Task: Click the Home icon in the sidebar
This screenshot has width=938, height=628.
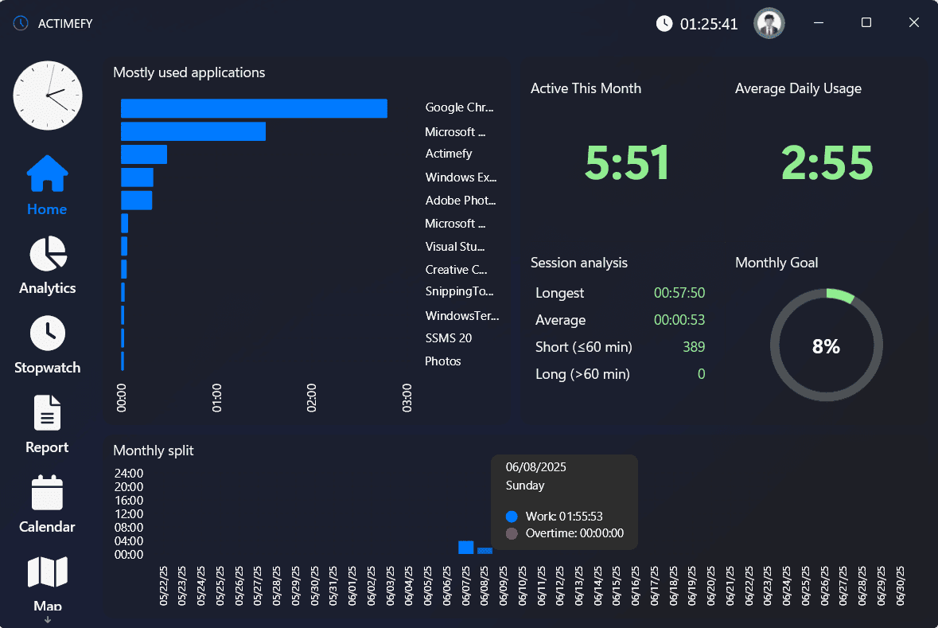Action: pos(47,174)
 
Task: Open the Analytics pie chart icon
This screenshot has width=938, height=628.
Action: pos(48,254)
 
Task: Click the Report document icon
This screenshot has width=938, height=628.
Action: pos(47,413)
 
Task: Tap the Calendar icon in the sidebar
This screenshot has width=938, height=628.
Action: pos(47,493)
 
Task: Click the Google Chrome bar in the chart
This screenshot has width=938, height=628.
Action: pos(254,108)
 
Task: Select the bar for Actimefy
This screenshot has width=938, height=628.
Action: pos(144,154)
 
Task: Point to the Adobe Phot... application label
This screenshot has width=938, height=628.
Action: pos(460,201)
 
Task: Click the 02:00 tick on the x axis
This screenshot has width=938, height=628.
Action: pos(312,397)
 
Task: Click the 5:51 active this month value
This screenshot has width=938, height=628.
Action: pos(627,162)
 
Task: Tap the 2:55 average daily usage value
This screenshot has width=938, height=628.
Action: pos(827,162)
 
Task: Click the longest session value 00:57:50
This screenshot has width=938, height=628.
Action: pos(679,293)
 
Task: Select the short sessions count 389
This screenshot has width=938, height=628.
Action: pos(693,347)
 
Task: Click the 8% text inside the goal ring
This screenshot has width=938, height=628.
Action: pos(826,346)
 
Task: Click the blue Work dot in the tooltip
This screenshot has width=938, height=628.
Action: pos(512,517)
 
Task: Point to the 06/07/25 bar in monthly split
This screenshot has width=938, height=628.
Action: pos(466,548)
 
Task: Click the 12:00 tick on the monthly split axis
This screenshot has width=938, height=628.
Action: pos(129,513)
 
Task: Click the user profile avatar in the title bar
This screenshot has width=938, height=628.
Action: pos(769,23)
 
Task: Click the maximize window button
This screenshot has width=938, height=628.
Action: pos(866,23)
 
